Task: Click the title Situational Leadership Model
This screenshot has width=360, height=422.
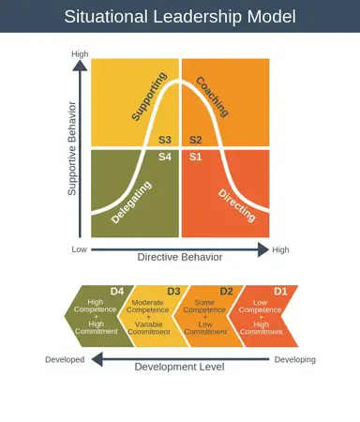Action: click(180, 17)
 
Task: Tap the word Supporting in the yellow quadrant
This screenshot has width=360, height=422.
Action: click(148, 97)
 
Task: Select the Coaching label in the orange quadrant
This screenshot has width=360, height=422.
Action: click(213, 96)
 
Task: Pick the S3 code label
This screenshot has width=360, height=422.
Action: click(164, 140)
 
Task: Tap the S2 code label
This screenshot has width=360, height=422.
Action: click(195, 140)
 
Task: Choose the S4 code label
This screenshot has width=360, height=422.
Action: click(165, 156)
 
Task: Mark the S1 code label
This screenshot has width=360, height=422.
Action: click(195, 156)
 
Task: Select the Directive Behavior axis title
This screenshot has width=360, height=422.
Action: click(180, 256)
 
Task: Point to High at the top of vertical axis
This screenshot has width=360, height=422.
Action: click(80, 54)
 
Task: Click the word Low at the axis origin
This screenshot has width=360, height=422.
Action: click(80, 250)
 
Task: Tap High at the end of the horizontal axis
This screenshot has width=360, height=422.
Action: click(280, 250)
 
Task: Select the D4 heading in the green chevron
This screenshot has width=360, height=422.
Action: click(117, 291)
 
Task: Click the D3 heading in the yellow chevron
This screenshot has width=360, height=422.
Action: click(173, 291)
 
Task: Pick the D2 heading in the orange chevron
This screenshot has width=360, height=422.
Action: click(226, 291)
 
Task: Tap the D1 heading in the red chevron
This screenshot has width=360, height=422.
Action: click(279, 291)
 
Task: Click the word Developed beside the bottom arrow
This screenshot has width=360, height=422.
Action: click(65, 359)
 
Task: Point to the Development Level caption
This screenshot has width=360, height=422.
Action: click(179, 367)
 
